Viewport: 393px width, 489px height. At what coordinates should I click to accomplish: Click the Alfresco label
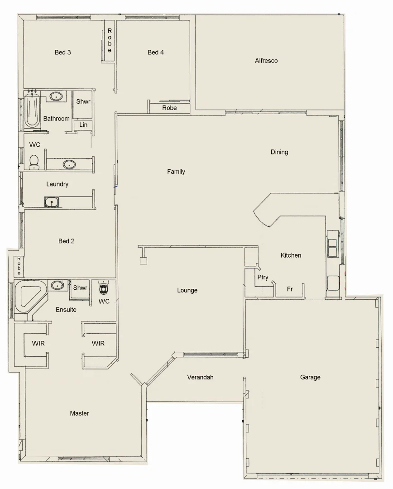(x=266, y=61)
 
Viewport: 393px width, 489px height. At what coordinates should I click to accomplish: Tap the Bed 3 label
(x=62, y=52)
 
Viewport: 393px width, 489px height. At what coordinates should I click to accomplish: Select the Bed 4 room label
(x=156, y=52)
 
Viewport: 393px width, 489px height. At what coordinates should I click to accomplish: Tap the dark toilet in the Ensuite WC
(x=104, y=288)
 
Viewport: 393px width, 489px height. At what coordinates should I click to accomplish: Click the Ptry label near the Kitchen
(x=263, y=277)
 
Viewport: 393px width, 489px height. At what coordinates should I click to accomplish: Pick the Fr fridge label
(x=290, y=289)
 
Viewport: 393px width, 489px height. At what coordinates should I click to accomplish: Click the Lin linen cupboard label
(x=83, y=125)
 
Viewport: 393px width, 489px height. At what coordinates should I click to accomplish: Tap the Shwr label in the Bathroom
(x=83, y=101)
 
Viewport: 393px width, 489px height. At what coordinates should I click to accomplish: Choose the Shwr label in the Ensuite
(x=80, y=288)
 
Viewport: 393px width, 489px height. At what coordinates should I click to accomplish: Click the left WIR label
(x=38, y=343)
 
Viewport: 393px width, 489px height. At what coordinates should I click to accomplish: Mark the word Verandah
(x=200, y=377)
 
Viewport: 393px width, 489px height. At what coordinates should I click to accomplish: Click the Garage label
(x=310, y=377)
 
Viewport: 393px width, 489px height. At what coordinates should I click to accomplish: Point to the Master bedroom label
(x=79, y=413)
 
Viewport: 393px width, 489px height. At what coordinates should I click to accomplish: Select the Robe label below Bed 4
(x=169, y=108)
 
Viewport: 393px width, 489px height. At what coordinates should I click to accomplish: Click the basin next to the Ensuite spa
(x=57, y=285)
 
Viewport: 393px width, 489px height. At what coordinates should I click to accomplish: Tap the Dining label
(x=279, y=152)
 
